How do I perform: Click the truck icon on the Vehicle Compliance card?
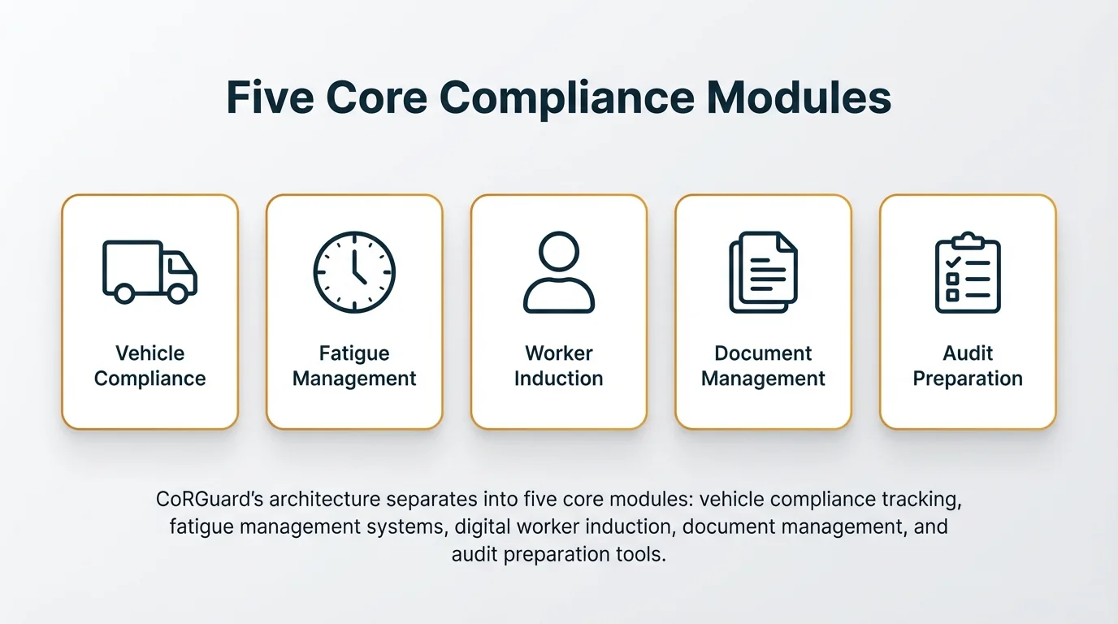[x=149, y=271]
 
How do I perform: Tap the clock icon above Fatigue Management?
[x=354, y=272]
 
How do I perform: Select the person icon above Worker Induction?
[x=559, y=272]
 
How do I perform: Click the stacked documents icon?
[x=763, y=272]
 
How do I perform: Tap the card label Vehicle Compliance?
[x=149, y=366]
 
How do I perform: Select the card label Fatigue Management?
[x=354, y=366]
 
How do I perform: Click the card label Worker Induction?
[x=559, y=366]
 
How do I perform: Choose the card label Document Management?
[x=763, y=366]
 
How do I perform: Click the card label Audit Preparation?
[x=968, y=366]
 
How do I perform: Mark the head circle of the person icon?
[x=559, y=252]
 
